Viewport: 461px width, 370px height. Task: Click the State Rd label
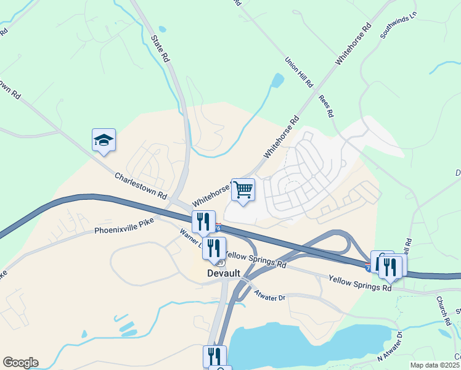coord(159,47)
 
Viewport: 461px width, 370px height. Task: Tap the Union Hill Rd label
coord(300,72)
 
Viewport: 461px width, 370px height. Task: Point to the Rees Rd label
coord(326,106)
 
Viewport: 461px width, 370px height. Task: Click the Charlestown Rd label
coord(141,185)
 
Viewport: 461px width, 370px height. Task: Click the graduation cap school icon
coord(104,140)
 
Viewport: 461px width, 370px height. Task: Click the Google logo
coord(20,362)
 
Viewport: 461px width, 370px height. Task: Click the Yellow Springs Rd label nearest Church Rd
coord(360,284)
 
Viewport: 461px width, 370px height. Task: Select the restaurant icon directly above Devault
coord(214,247)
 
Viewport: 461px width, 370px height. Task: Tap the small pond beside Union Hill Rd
coord(278,80)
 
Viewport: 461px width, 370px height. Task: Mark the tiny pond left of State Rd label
coord(162,29)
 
